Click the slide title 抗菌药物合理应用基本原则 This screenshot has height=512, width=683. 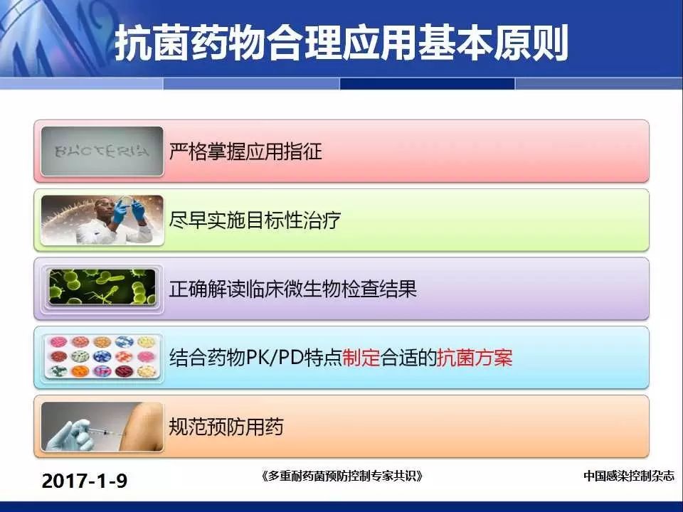click(x=341, y=43)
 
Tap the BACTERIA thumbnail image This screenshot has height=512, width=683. click(x=102, y=151)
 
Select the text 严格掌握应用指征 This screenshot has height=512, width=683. click(x=245, y=151)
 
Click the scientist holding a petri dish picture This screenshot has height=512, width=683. click(x=102, y=220)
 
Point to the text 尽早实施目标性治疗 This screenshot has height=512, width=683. click(x=255, y=220)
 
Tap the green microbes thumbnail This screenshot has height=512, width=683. click(x=102, y=287)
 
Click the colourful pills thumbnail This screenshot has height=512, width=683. click(x=102, y=356)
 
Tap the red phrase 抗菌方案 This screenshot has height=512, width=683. click(x=475, y=358)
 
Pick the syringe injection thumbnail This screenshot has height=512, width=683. click(x=102, y=427)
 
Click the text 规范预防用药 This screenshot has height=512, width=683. click(x=226, y=427)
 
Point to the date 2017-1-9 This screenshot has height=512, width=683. click(x=85, y=481)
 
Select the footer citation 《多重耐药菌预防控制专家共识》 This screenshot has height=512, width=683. click(x=342, y=476)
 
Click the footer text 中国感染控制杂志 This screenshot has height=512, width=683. click(x=628, y=476)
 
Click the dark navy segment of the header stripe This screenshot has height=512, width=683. click(x=428, y=83)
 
